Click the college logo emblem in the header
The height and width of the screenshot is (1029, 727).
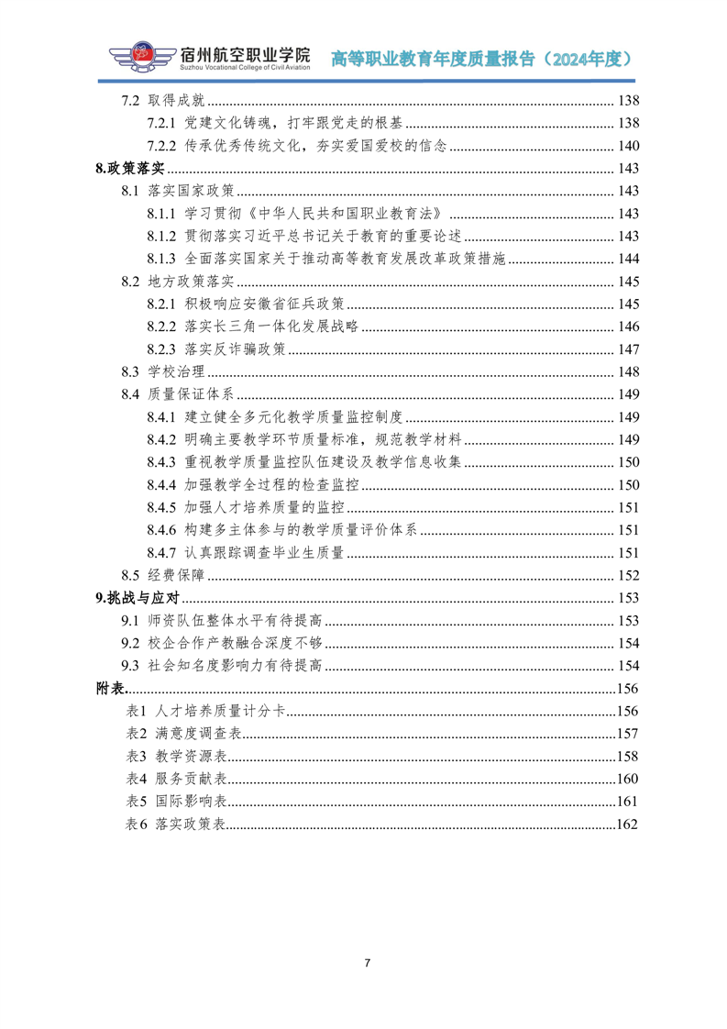click(141, 57)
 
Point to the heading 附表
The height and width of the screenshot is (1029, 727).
click(110, 688)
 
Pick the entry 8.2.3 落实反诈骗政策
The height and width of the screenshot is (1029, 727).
click(216, 349)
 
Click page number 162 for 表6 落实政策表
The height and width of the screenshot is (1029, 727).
click(627, 824)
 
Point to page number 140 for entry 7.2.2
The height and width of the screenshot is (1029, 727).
click(628, 146)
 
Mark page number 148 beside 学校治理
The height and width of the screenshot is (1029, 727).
click(628, 371)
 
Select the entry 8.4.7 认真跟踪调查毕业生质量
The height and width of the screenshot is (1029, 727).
click(245, 553)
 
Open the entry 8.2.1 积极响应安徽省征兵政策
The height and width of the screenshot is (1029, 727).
click(245, 304)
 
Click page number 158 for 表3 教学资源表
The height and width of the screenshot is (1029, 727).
click(627, 756)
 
